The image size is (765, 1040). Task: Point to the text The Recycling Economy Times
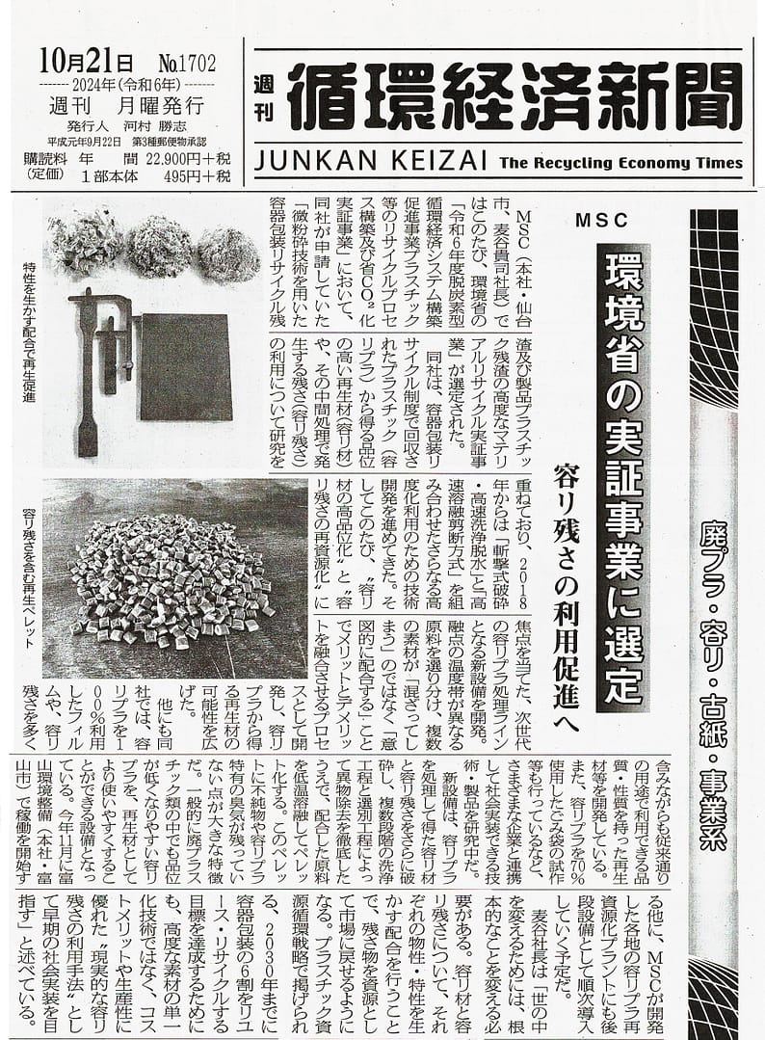tap(622, 163)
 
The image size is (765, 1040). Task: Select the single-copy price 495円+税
tap(189, 176)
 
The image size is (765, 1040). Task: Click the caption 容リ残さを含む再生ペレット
tap(27, 588)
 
